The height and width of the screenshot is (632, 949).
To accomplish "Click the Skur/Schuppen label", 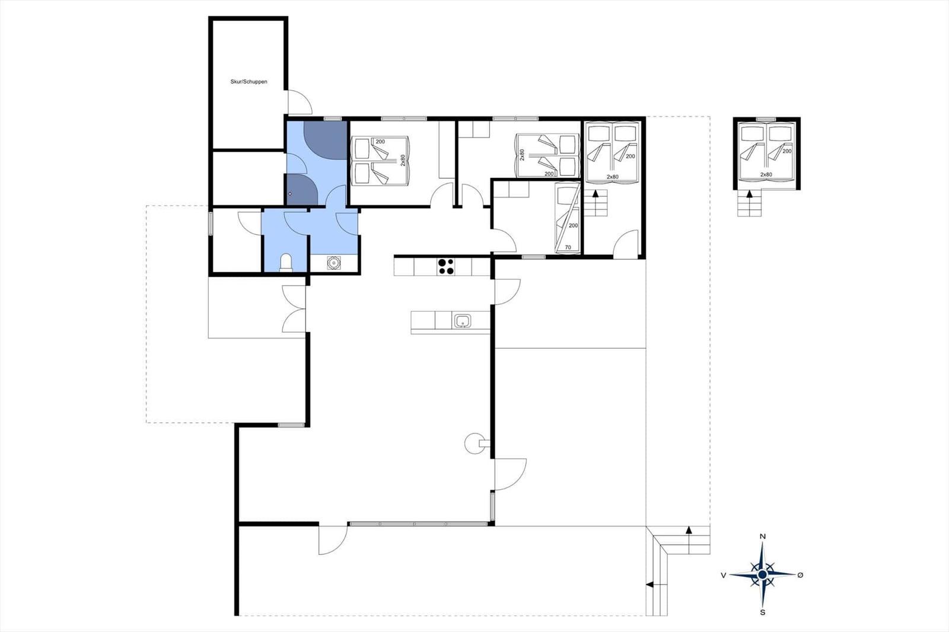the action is click(249, 82).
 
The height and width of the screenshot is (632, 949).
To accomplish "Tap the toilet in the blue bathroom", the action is click(286, 263).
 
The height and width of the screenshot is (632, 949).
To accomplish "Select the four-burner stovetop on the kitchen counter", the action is click(445, 267).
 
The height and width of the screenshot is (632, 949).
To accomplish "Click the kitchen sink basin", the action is click(463, 321).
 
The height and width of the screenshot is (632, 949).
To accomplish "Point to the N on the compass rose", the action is click(763, 537).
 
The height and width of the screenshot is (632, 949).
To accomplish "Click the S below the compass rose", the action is click(763, 612).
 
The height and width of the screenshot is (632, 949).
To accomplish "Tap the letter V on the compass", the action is click(724, 575).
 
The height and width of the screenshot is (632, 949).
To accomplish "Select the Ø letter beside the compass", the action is click(800, 575).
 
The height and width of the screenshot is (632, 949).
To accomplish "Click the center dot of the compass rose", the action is click(763, 575).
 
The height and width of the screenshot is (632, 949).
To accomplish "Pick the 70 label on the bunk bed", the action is click(568, 247).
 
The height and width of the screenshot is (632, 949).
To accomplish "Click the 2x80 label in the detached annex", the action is click(766, 174).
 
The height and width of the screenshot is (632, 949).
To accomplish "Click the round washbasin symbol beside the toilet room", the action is click(335, 263).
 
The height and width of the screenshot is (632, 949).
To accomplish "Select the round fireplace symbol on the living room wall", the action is click(474, 443).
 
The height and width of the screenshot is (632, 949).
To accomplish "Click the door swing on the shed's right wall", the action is click(300, 102).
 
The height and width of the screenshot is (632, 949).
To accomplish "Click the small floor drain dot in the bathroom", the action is click(290, 194).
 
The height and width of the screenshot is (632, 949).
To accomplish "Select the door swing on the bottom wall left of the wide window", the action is click(333, 540).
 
